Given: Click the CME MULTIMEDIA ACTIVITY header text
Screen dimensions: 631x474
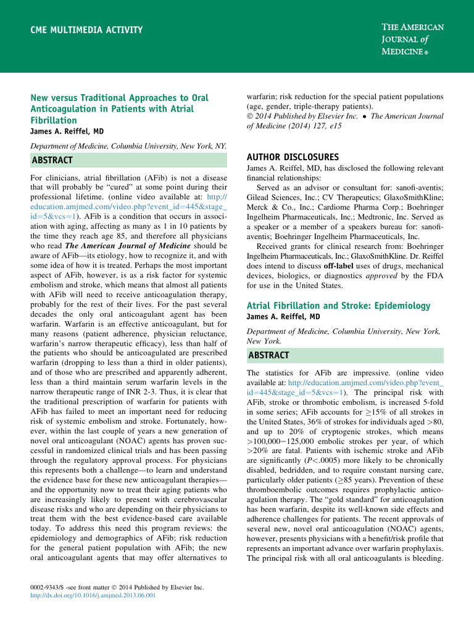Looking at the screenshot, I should pos(86,30).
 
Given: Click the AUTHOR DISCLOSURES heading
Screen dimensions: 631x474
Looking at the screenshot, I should pos(293,157).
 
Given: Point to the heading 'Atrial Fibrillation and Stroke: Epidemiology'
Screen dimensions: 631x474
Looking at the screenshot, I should pos(338,306).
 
